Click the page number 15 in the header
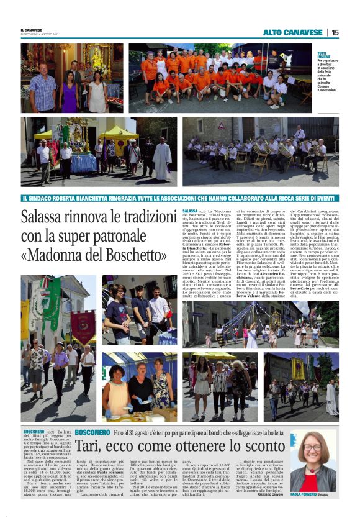(335, 32)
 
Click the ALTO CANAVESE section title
(294, 32)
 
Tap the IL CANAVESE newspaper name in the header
(31, 30)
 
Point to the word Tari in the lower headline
(90, 445)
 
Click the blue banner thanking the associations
(180, 198)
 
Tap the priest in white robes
(163, 160)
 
